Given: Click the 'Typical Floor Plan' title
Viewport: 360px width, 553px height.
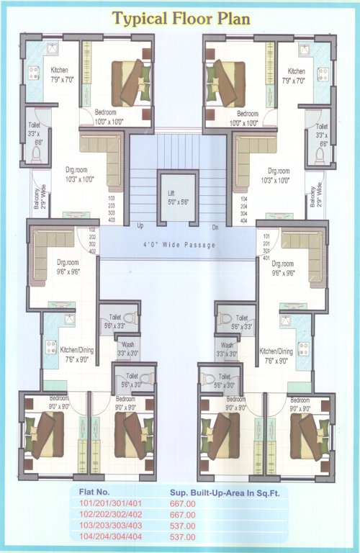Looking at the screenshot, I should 181,19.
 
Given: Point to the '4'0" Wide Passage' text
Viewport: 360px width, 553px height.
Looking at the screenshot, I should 180,245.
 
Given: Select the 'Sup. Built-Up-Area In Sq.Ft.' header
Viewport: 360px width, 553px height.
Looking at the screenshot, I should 219,493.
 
